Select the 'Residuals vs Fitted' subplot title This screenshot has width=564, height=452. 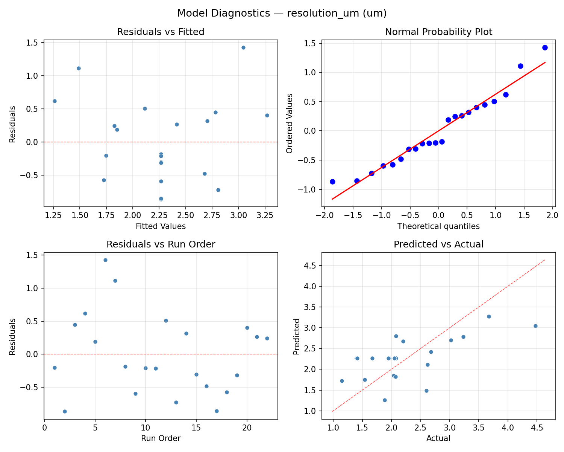pos(161,32)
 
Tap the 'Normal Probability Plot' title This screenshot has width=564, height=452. pos(438,32)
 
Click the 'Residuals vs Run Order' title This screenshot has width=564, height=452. pos(161,244)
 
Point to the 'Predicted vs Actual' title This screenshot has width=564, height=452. pos(438,244)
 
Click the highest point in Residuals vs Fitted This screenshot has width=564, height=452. pos(243,47)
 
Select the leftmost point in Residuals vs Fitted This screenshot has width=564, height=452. pos(55,101)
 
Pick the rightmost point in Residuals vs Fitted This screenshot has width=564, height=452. pos(267,115)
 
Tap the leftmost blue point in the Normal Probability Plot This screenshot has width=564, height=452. pos(332,182)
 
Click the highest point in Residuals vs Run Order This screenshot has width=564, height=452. pos(105,260)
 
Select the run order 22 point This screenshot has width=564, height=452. pos(267,338)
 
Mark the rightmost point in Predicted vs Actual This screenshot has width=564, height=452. pos(535,326)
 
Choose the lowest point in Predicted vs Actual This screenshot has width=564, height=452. pos(385,400)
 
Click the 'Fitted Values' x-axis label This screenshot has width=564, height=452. pos(161,226)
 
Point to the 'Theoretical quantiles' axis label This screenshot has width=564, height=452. pos(438,226)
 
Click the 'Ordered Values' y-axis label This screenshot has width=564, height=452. pos(289,123)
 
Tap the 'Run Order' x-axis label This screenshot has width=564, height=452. pos(161,438)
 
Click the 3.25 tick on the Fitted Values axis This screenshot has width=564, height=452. pos(264,215)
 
